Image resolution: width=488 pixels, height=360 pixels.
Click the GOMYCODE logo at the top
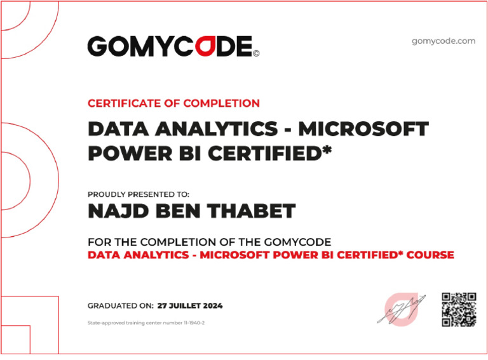(x=170, y=46)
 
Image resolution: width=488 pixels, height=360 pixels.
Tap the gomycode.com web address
(x=443, y=41)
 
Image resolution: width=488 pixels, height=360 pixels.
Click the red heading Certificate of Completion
(x=173, y=103)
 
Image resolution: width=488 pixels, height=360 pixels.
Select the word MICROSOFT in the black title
(x=363, y=130)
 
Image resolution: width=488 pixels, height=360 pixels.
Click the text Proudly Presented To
(x=138, y=195)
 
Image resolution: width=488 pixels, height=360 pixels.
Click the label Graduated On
(x=120, y=306)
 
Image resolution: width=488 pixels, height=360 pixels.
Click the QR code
(x=458, y=309)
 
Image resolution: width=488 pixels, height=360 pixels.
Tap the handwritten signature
(x=400, y=308)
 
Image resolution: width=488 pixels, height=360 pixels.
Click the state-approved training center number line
(x=146, y=323)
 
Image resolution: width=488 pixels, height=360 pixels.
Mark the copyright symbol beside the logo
(x=256, y=54)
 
